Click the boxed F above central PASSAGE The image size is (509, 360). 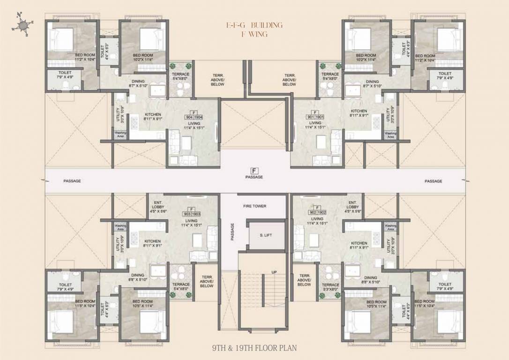[254, 170]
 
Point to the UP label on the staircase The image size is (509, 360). [274, 272]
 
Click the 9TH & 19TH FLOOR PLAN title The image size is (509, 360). [254, 348]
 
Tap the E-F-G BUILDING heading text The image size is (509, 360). [254, 25]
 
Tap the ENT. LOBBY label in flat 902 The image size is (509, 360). [352, 207]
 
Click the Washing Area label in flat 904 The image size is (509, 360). [120, 134]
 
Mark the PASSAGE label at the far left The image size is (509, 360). [72, 181]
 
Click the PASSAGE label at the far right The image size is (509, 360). [434, 181]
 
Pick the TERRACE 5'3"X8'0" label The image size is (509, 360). [330, 287]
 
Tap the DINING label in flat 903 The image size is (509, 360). [138, 277]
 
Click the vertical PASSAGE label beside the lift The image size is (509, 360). [232, 232]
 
